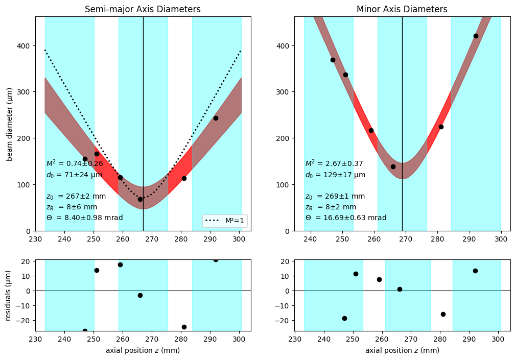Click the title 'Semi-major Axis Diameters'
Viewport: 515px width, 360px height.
(x=143, y=9)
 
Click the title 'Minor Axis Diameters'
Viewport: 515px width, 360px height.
(x=402, y=9)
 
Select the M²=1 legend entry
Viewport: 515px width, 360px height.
(x=225, y=221)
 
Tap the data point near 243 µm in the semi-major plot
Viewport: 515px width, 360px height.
(x=216, y=118)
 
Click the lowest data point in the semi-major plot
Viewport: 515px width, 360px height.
(x=140, y=199)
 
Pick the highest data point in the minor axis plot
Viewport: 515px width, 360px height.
(x=476, y=36)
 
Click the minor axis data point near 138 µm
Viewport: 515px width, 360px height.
(x=393, y=166)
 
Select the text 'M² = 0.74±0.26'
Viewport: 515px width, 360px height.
(x=75, y=164)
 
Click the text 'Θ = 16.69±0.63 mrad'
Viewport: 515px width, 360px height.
(x=345, y=218)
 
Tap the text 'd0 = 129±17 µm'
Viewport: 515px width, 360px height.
(x=335, y=175)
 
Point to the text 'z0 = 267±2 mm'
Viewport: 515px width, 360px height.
(x=76, y=196)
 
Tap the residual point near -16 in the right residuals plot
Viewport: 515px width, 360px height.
(x=443, y=314)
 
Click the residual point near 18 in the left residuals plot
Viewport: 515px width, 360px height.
(x=120, y=265)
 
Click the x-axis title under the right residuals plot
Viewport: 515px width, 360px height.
(x=402, y=350)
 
